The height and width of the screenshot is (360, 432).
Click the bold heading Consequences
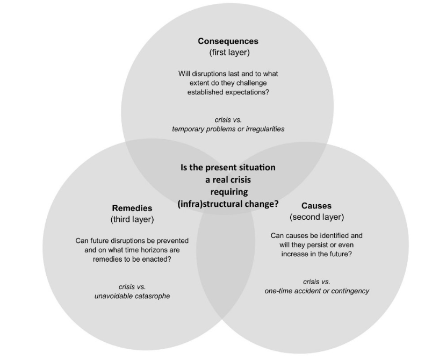[x=228, y=41]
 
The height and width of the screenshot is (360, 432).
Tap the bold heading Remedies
[x=132, y=208]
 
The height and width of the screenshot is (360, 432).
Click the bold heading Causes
[x=316, y=206]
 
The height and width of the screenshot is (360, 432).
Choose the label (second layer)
[x=316, y=217]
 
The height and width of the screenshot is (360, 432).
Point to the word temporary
[x=188, y=129]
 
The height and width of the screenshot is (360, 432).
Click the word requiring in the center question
[x=228, y=191]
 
